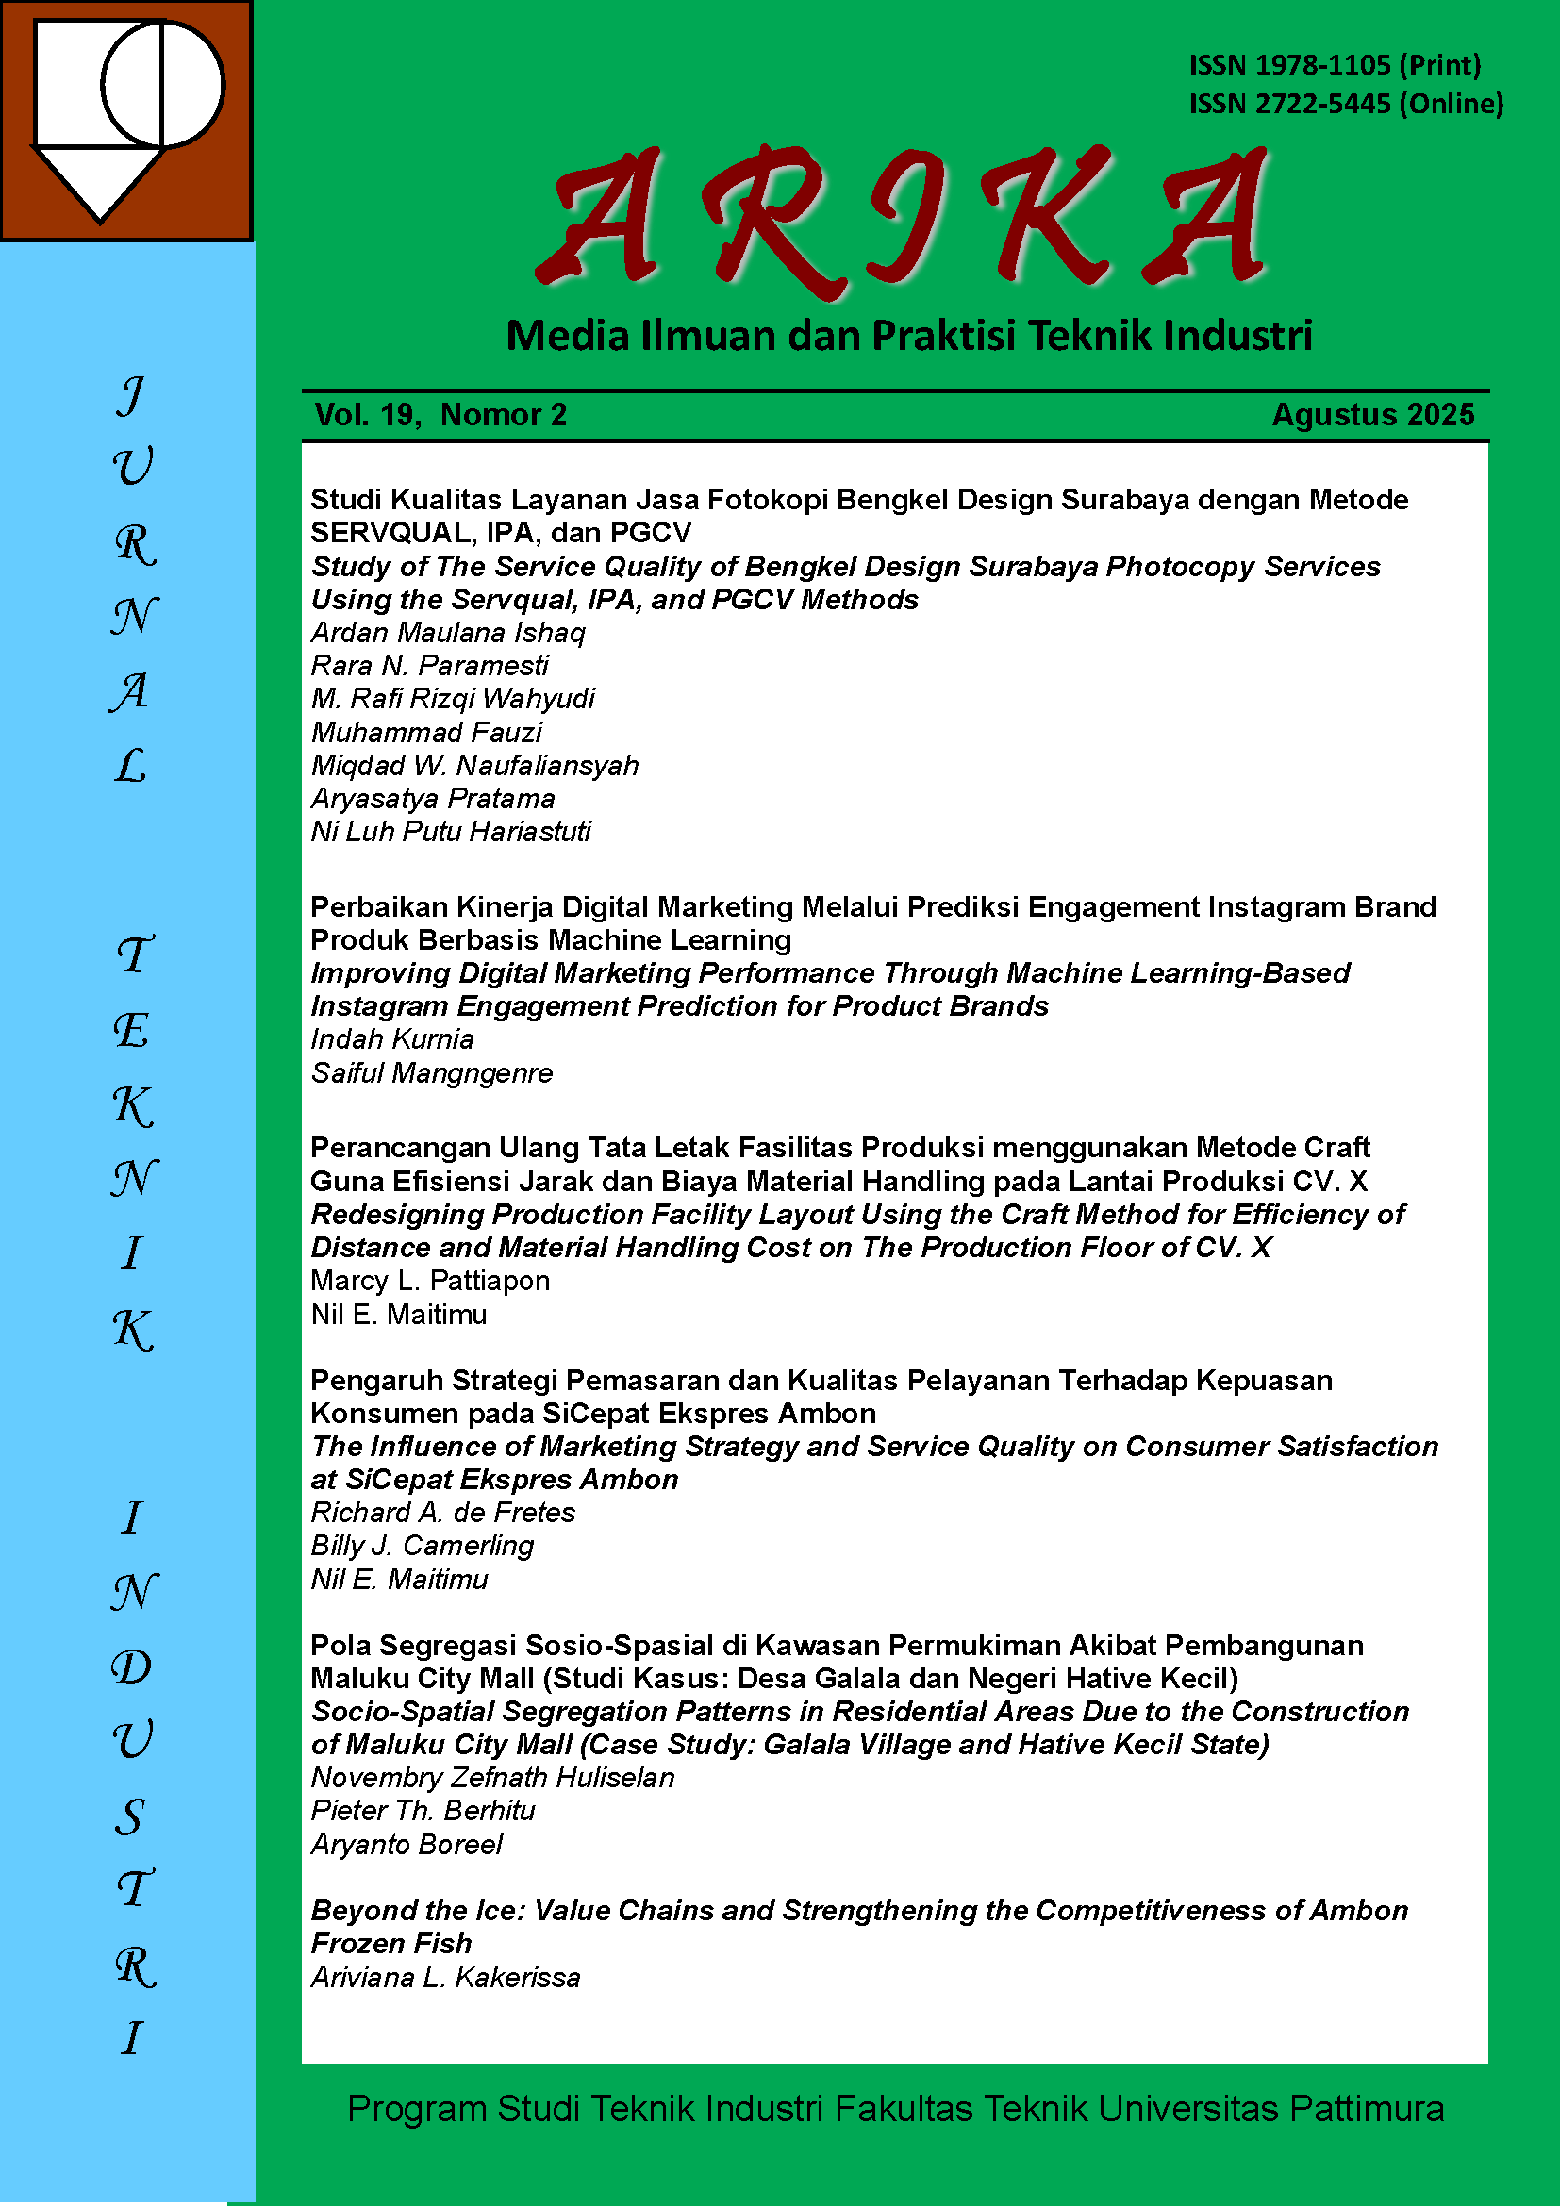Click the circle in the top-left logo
point(162,85)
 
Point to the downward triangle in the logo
point(99,183)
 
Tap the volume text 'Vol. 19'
point(364,415)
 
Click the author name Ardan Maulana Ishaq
point(448,632)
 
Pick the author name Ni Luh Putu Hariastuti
point(451,831)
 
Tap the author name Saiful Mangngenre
point(431,1072)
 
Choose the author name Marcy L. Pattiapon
point(429,1281)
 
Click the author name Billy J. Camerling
point(422,1545)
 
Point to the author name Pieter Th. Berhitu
point(423,1810)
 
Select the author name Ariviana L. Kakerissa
point(446,1978)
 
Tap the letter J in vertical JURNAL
point(132,395)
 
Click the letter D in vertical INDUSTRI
point(132,1667)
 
